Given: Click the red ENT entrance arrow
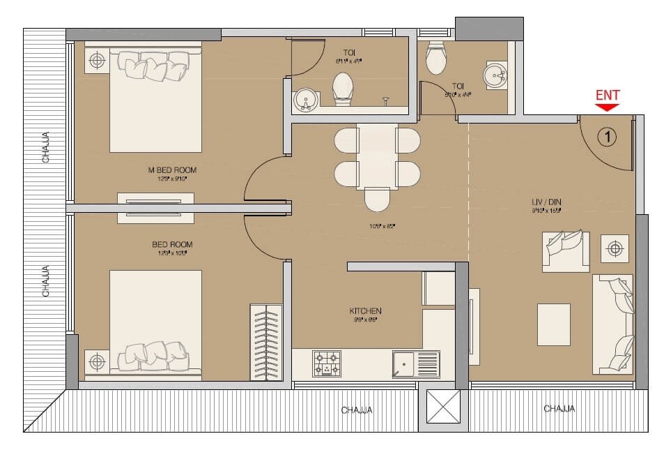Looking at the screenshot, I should [608, 107].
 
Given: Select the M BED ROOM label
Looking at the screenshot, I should [171, 170].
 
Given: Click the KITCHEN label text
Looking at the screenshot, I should [365, 311].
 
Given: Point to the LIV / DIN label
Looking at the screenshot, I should [546, 203].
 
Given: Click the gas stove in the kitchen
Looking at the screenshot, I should [327, 363].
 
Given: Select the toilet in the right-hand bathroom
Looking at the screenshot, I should [436, 57].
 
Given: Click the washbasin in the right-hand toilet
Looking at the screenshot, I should [495, 74].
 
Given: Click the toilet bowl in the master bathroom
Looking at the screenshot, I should [342, 89].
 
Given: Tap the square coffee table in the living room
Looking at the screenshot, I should [553, 324].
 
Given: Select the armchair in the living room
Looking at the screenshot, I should [566, 250].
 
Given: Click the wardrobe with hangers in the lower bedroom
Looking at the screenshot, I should [265, 342].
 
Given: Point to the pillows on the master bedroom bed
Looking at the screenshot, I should [155, 66].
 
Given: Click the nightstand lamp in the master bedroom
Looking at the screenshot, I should [97, 61].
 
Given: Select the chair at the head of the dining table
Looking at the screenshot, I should [376, 200].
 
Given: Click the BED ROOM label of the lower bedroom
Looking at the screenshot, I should [172, 245].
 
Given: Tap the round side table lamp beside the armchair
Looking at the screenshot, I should [614, 248].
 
